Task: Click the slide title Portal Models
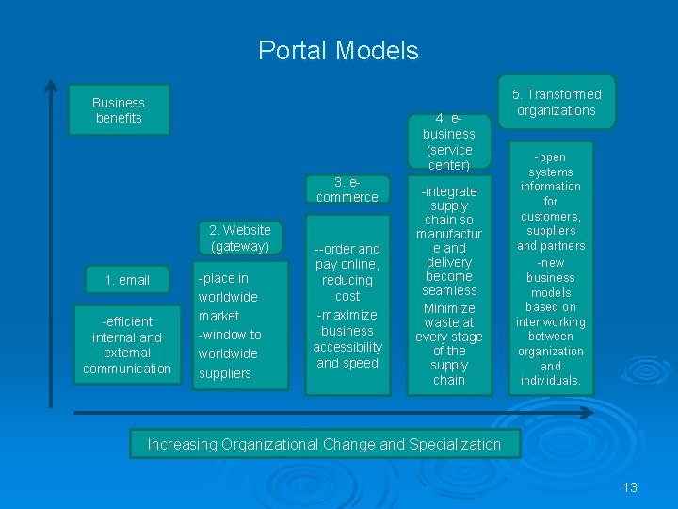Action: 338,50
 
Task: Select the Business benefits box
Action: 119,110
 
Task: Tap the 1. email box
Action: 127,280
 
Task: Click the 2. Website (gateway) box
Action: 239,238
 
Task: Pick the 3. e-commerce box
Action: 347,189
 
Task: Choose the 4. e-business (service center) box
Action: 448,141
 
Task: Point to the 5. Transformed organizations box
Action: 556,102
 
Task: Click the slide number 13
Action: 630,487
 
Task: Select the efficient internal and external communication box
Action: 127,345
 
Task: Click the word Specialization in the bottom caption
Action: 453,444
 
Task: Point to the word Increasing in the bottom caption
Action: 183,444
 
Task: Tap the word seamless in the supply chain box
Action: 449,290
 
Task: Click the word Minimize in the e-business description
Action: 449,308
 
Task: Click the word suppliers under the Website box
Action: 225,373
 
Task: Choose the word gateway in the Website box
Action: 239,246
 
